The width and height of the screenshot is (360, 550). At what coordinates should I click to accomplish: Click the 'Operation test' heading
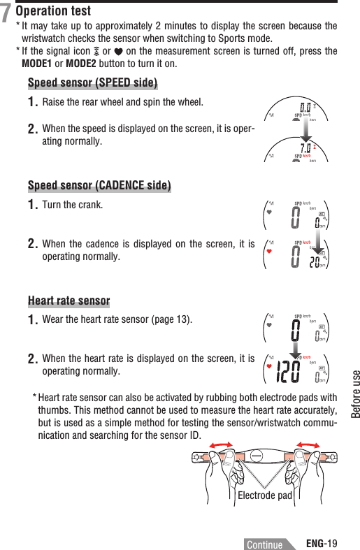tap(53, 11)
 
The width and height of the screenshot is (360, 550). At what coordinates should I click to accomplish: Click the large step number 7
tap(6, 13)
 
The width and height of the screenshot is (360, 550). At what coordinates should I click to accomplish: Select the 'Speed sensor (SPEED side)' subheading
tap(92, 84)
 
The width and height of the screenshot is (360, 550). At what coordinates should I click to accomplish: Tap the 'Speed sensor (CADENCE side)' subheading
tap(99, 185)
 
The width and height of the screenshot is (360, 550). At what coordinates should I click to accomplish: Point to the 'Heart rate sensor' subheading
tap(69, 301)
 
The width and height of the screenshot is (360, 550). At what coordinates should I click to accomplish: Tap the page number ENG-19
tap(322, 542)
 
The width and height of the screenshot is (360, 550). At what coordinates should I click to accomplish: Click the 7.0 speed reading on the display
tap(305, 147)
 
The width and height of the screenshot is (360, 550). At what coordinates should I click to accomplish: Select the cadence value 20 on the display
tap(315, 261)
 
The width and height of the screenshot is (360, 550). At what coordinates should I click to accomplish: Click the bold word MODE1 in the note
tap(39, 65)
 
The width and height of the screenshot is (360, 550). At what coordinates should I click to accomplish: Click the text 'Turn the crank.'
tap(73, 205)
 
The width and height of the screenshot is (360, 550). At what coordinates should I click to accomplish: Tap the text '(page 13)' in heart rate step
tap(171, 321)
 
